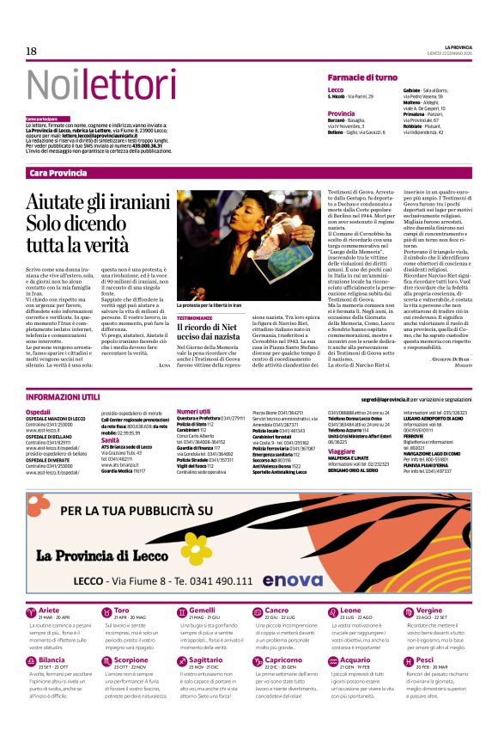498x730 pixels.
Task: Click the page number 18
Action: [x=31, y=52]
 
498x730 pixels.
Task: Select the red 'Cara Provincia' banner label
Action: [x=58, y=173]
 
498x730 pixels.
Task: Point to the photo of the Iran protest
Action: [x=228, y=246]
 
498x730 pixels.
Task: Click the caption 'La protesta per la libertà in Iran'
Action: [x=218, y=305]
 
